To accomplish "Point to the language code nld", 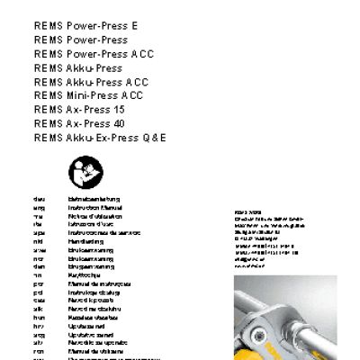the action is (37, 240).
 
